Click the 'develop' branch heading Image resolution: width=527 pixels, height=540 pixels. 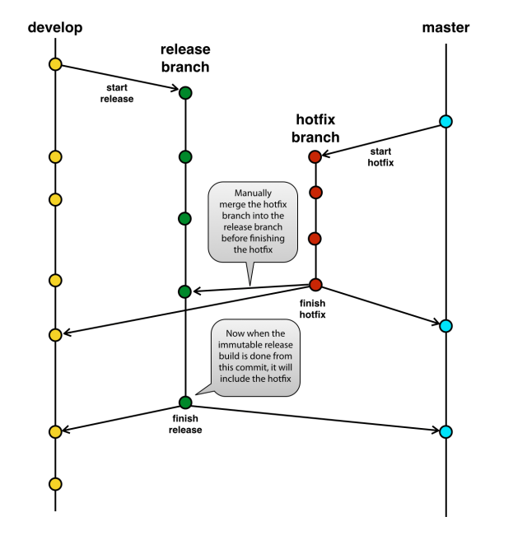(55, 28)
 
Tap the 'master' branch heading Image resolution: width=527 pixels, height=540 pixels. (445, 28)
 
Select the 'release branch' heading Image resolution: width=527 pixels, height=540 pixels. (185, 58)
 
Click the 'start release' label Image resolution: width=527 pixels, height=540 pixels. (121, 92)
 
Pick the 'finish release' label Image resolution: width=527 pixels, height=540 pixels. (184, 424)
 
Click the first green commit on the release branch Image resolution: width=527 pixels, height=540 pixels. (185, 93)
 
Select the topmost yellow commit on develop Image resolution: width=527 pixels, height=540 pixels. (55, 63)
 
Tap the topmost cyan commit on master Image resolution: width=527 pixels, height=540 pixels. (445, 122)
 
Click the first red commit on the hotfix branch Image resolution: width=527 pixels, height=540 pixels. (315, 156)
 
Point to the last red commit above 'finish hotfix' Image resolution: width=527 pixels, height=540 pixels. (315, 284)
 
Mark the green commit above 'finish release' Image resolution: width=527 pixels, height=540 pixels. (185, 403)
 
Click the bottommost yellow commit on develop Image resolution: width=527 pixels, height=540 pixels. (55, 483)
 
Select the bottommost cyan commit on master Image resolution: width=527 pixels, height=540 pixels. (445, 431)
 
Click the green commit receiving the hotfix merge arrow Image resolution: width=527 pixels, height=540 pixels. (185, 291)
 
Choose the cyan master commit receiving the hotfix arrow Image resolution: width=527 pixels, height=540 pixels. (445, 326)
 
